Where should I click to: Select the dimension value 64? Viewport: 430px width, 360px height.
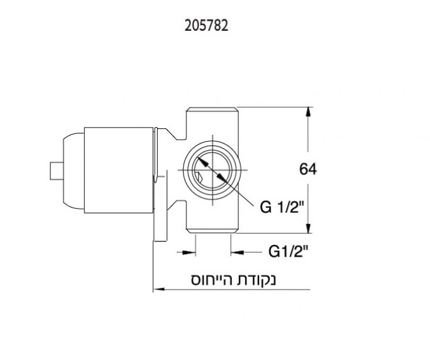[x=308, y=169]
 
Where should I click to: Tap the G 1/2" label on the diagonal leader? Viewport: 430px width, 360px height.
[x=284, y=206]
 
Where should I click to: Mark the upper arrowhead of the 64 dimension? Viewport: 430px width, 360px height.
[x=308, y=112]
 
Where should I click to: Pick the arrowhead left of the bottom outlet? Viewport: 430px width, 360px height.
[x=189, y=252]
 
